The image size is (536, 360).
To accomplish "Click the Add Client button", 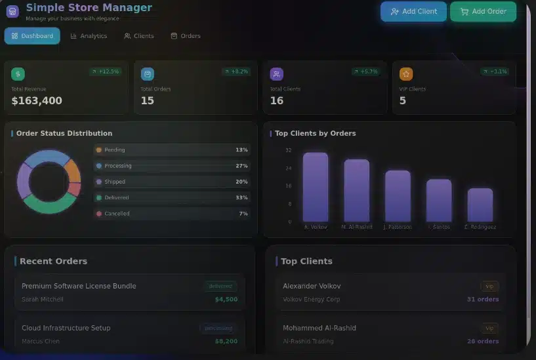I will pyautogui.click(x=413, y=12).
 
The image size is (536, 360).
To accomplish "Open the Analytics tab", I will pyautogui.click(x=89, y=36).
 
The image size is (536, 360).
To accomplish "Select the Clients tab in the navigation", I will pyautogui.click(x=138, y=36).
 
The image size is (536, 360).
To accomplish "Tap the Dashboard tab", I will pyautogui.click(x=32, y=36).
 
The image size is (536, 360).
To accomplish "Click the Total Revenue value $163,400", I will pyautogui.click(x=37, y=101).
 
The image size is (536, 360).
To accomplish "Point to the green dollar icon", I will pyautogui.click(x=18, y=74).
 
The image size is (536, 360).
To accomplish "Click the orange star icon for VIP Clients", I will pyautogui.click(x=406, y=74).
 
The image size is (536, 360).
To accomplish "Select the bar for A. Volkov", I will pyautogui.click(x=315, y=187).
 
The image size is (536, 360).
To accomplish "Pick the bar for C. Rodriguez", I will pyautogui.click(x=480, y=205).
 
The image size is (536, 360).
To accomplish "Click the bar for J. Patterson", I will pyautogui.click(x=398, y=196).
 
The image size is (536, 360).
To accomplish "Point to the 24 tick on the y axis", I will pyautogui.click(x=289, y=169).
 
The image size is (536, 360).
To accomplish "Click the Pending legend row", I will pyautogui.click(x=172, y=150).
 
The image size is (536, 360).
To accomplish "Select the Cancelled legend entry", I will pyautogui.click(x=172, y=214).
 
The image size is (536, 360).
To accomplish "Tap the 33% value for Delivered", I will pyautogui.click(x=241, y=198).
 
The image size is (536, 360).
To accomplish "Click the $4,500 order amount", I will pyautogui.click(x=226, y=300).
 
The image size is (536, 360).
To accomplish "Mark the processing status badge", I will pyautogui.click(x=218, y=328).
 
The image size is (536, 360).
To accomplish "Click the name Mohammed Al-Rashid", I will pyautogui.click(x=320, y=328).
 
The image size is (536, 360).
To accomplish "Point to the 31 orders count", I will pyautogui.click(x=483, y=300).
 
